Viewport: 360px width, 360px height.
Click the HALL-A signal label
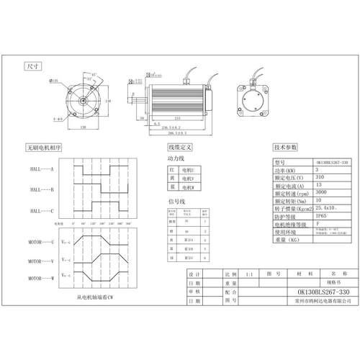coord(42,168)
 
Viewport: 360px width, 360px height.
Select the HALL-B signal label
coord(42,189)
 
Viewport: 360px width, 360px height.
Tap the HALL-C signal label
coord(42,211)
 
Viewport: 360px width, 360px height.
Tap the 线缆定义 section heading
coord(179,147)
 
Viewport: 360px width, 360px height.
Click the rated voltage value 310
coord(320,176)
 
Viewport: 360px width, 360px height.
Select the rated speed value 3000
coord(322,192)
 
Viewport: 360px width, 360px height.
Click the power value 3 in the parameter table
coord(317,169)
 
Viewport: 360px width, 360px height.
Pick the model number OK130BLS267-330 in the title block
coord(313,292)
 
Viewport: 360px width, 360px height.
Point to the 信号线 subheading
coord(176,202)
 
